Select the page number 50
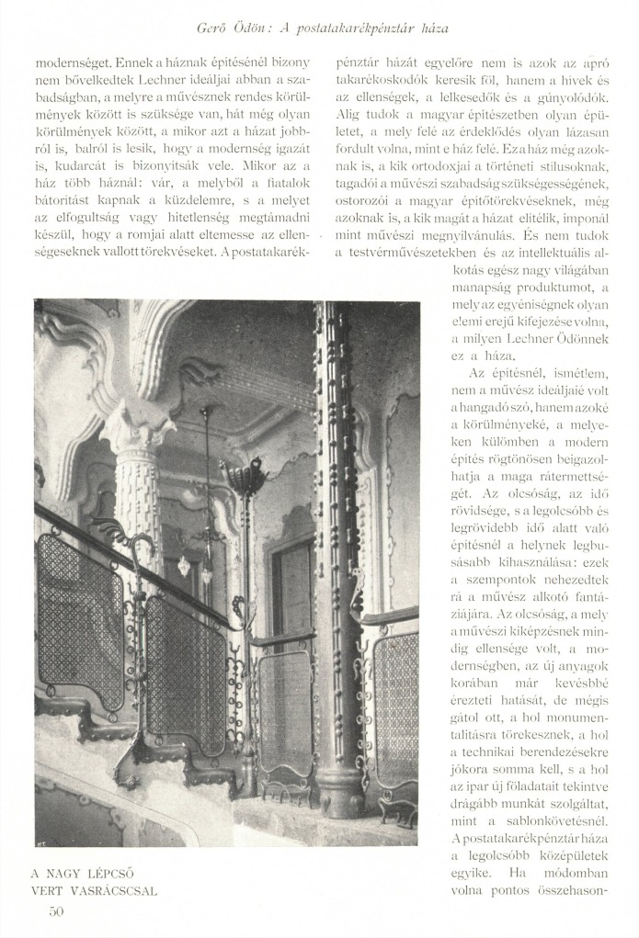(x=57, y=910)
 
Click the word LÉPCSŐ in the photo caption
(x=117, y=872)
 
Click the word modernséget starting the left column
(x=73, y=64)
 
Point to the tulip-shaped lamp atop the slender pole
(x=243, y=475)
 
